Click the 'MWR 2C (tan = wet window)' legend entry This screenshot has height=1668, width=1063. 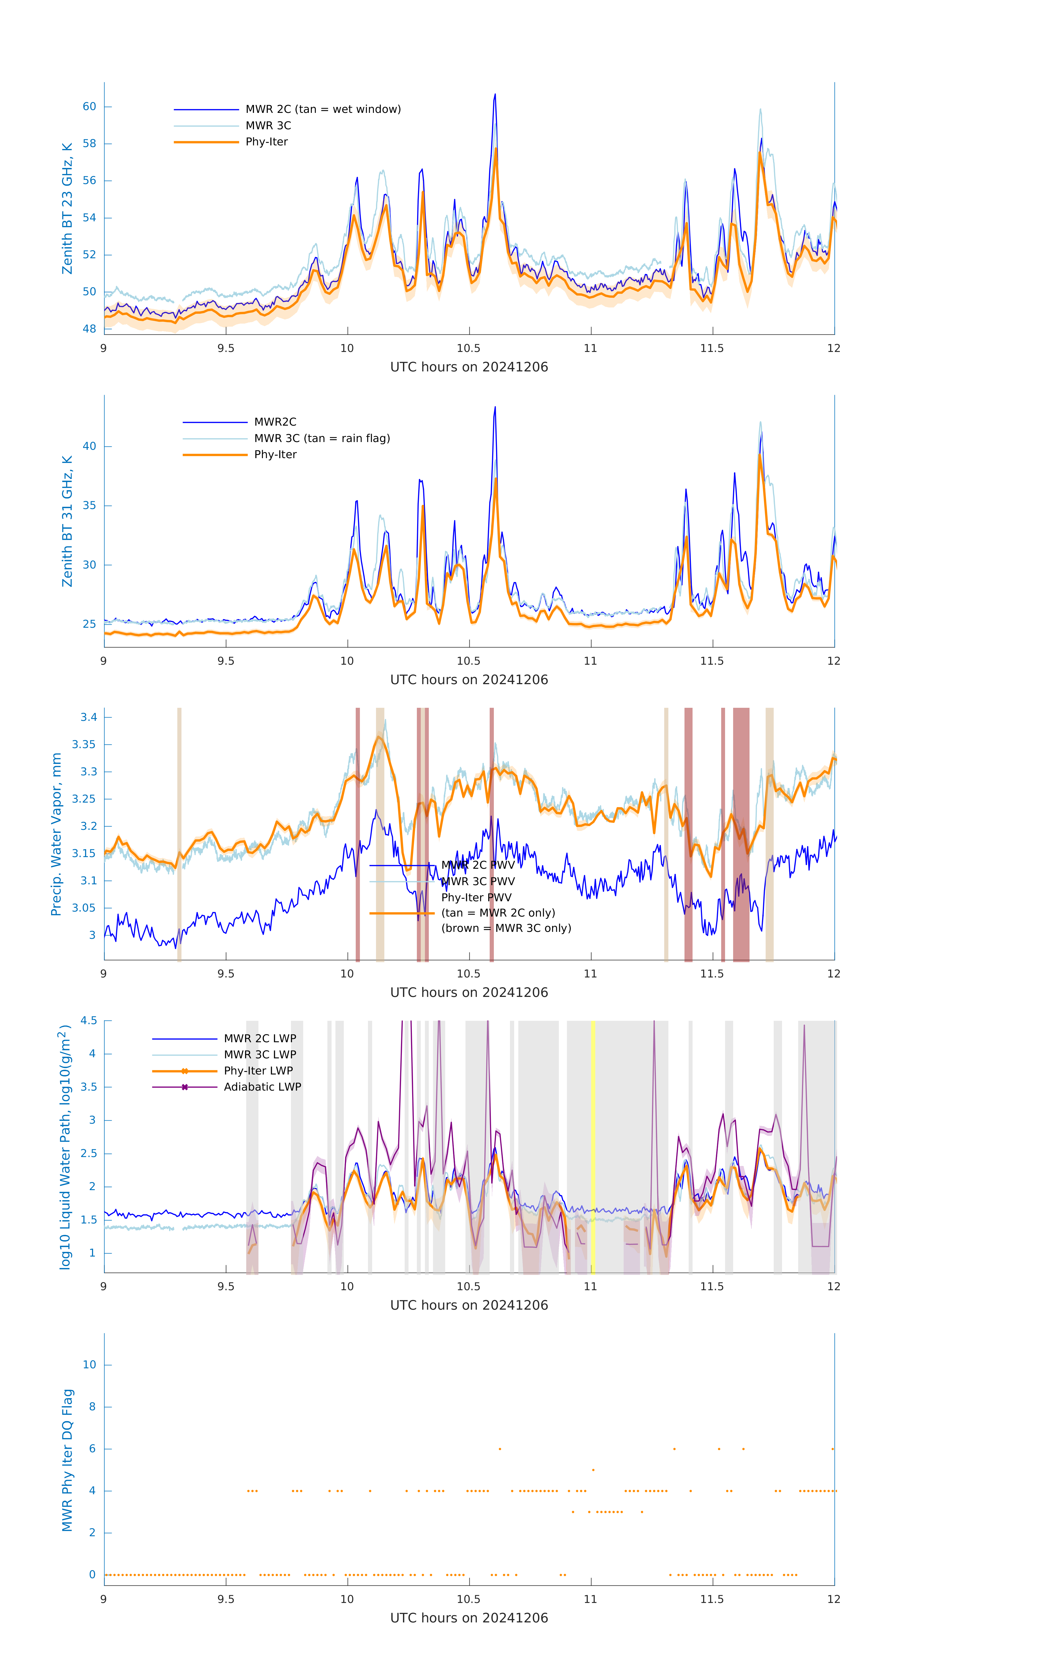point(323,110)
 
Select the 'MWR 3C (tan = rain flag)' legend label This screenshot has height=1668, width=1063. point(322,438)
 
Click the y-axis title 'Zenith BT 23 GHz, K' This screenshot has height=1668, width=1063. point(67,209)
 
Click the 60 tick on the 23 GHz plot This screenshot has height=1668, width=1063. point(89,107)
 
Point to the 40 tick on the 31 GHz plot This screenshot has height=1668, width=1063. point(89,446)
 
